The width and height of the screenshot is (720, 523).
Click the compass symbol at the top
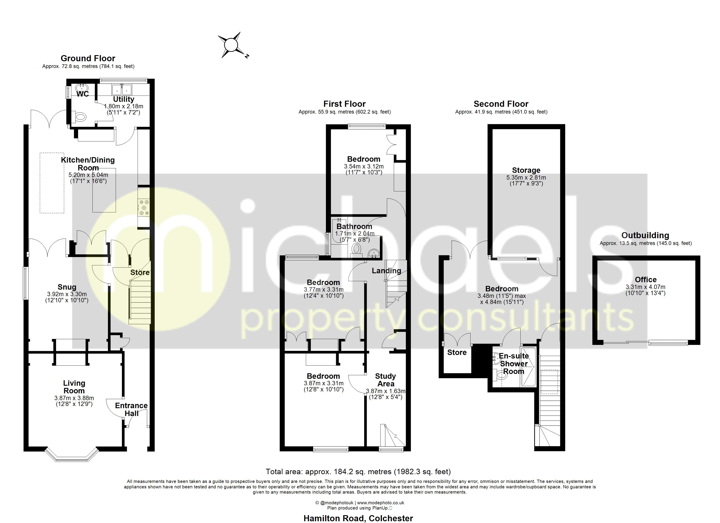[231, 45]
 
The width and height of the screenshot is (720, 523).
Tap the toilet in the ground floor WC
[80, 117]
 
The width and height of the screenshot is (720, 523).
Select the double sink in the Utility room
[122, 89]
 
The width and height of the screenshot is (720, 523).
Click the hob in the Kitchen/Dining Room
[144, 207]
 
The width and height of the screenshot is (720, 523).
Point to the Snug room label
[67, 287]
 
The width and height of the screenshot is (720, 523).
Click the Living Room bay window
[71, 456]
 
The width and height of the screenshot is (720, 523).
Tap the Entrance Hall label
[131, 409]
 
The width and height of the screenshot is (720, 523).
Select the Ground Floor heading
[88, 58]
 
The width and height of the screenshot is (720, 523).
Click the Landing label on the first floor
[386, 270]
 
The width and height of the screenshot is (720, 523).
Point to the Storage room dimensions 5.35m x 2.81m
[526, 178]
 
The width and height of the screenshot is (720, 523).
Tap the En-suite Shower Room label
[514, 363]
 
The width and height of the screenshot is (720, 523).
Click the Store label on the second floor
[457, 352]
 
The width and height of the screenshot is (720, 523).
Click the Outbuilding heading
[645, 235]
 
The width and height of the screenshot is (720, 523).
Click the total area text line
[358, 472]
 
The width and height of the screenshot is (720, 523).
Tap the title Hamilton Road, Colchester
[358, 518]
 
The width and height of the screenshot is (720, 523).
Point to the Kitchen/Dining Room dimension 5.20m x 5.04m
[88, 175]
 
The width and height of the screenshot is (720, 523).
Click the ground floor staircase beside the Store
[140, 301]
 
